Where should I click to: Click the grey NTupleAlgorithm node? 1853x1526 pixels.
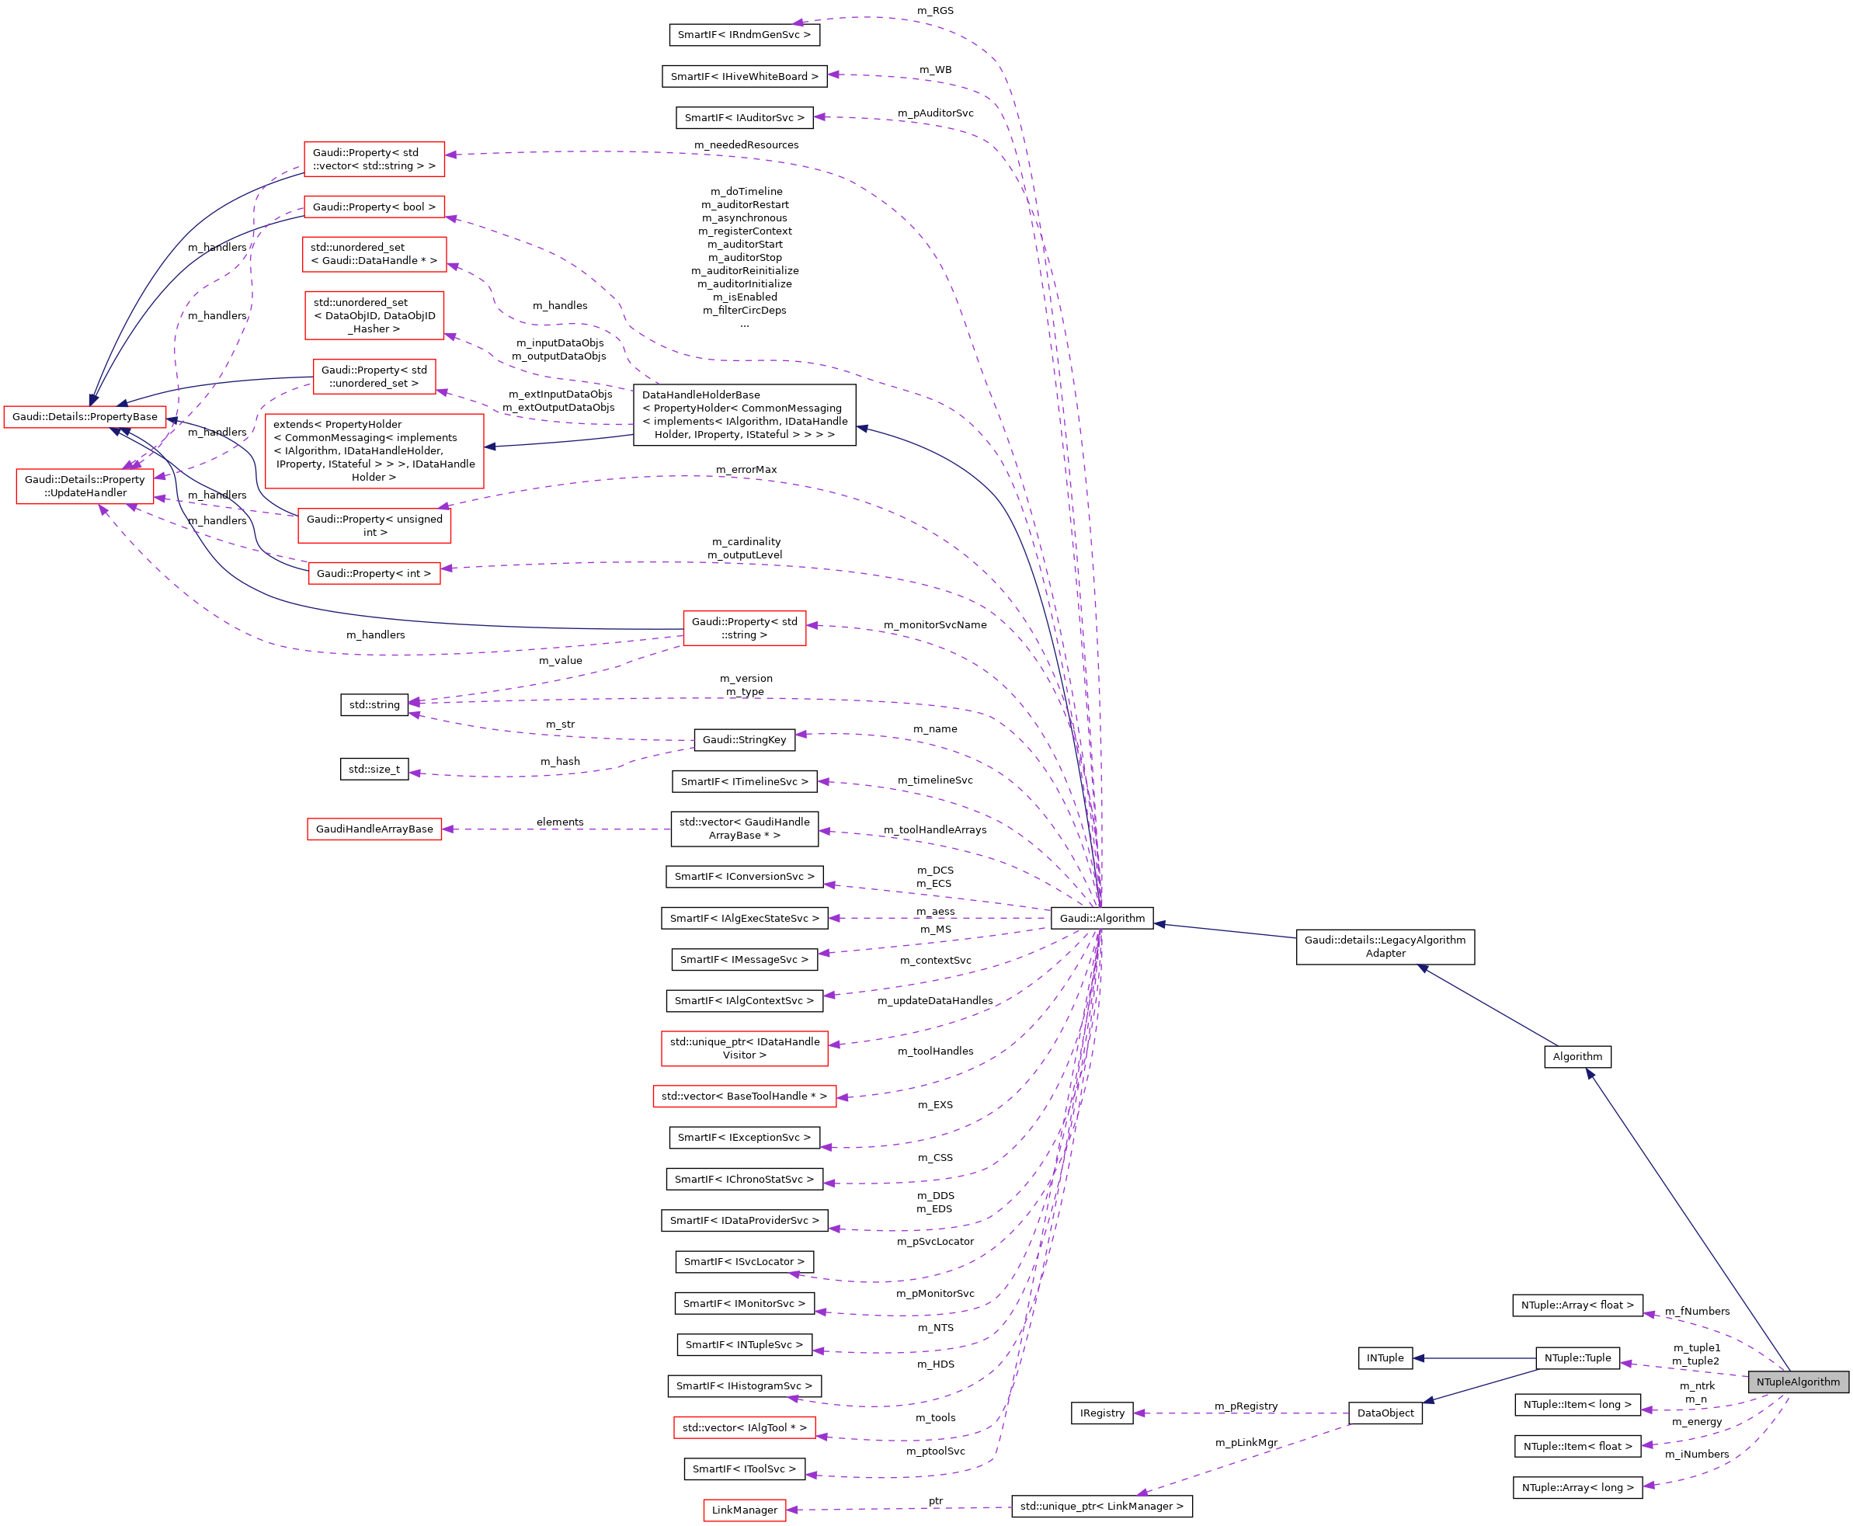(x=1797, y=1382)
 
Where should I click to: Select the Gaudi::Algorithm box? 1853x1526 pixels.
(x=1101, y=918)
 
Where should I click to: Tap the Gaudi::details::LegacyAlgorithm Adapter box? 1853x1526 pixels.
(x=1385, y=947)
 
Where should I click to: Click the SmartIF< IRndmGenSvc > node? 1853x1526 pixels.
(x=744, y=34)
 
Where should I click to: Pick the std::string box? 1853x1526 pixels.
(x=374, y=704)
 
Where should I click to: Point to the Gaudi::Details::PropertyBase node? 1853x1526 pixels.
(x=85, y=417)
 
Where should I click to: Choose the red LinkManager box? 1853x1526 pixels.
(x=744, y=1510)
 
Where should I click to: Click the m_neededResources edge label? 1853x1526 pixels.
(x=746, y=145)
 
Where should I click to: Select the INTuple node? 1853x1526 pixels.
(x=1385, y=1358)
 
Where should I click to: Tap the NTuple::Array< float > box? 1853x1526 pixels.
(x=1577, y=1305)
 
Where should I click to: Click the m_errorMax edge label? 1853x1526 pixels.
(x=746, y=469)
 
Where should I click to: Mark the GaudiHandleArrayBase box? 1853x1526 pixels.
(x=374, y=829)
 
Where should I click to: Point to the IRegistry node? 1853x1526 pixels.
(x=1101, y=1413)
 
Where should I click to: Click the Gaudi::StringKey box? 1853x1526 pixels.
(x=744, y=739)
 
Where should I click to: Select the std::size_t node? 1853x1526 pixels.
(x=374, y=769)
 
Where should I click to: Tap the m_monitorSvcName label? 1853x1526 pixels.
(x=934, y=625)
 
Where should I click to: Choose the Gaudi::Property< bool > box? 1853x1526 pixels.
(x=374, y=207)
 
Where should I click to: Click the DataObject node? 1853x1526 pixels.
(x=1385, y=1413)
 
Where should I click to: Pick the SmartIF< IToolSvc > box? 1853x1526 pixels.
(x=744, y=1469)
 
